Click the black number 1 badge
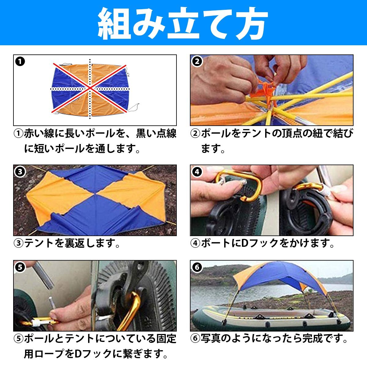click(x=20, y=61)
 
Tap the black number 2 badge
click(x=197, y=61)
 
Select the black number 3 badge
click(x=20, y=172)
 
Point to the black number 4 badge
click(x=197, y=172)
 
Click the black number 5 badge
click(x=20, y=267)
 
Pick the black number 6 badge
click(x=197, y=267)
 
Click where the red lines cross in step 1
click(x=90, y=88)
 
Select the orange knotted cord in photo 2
click(x=266, y=90)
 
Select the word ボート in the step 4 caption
click(x=216, y=243)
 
